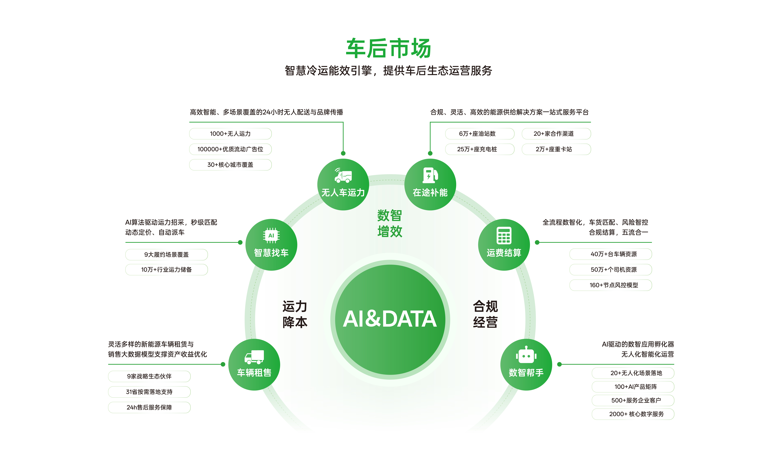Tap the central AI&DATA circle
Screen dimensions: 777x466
[x=390, y=319]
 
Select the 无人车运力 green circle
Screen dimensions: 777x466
[x=343, y=184]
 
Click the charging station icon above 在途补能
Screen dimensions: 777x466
[x=430, y=175]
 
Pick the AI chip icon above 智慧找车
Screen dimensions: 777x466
[x=271, y=235]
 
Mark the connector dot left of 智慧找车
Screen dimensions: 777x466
[x=240, y=242]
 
